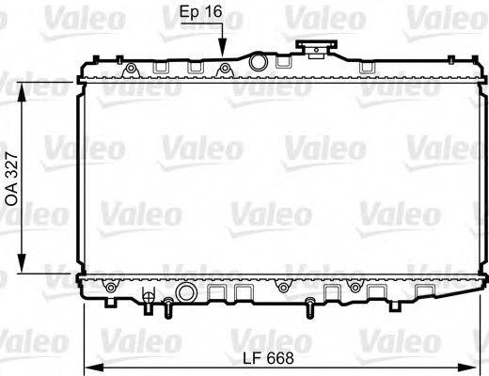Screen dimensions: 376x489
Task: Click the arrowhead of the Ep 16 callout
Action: [x=224, y=55]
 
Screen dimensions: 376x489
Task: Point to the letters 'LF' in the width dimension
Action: [x=252, y=358]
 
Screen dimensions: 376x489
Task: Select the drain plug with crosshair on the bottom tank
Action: [x=148, y=300]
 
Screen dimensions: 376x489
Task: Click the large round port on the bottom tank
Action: [x=283, y=286]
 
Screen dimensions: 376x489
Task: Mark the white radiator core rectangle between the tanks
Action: [x=282, y=179]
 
